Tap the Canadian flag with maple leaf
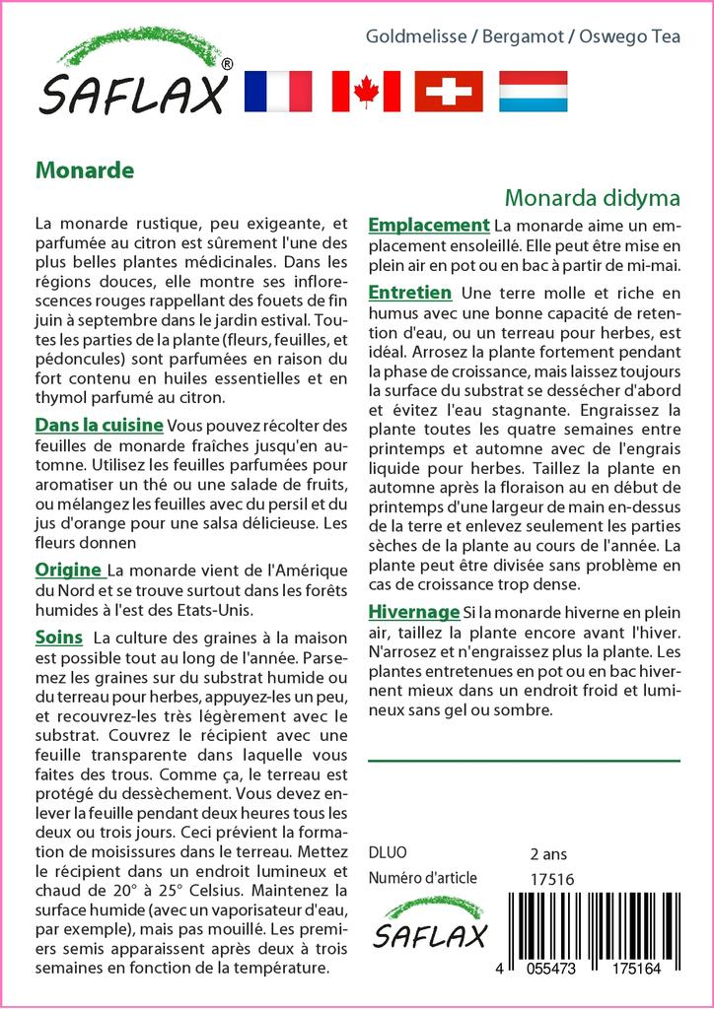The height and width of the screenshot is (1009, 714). [366, 92]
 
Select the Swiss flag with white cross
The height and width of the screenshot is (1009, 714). [449, 92]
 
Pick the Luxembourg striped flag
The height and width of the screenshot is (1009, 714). [534, 92]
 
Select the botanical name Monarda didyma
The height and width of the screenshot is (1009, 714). [592, 196]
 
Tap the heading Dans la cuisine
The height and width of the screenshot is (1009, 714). [100, 426]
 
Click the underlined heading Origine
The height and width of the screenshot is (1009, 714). [68, 570]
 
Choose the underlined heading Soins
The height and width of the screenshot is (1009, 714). [58, 637]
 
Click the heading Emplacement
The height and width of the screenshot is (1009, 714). [429, 225]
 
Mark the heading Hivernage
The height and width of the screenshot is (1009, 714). [414, 611]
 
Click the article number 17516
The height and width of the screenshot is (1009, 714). [551, 879]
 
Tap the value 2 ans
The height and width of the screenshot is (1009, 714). [548, 853]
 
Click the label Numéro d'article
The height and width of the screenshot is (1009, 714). [422, 878]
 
